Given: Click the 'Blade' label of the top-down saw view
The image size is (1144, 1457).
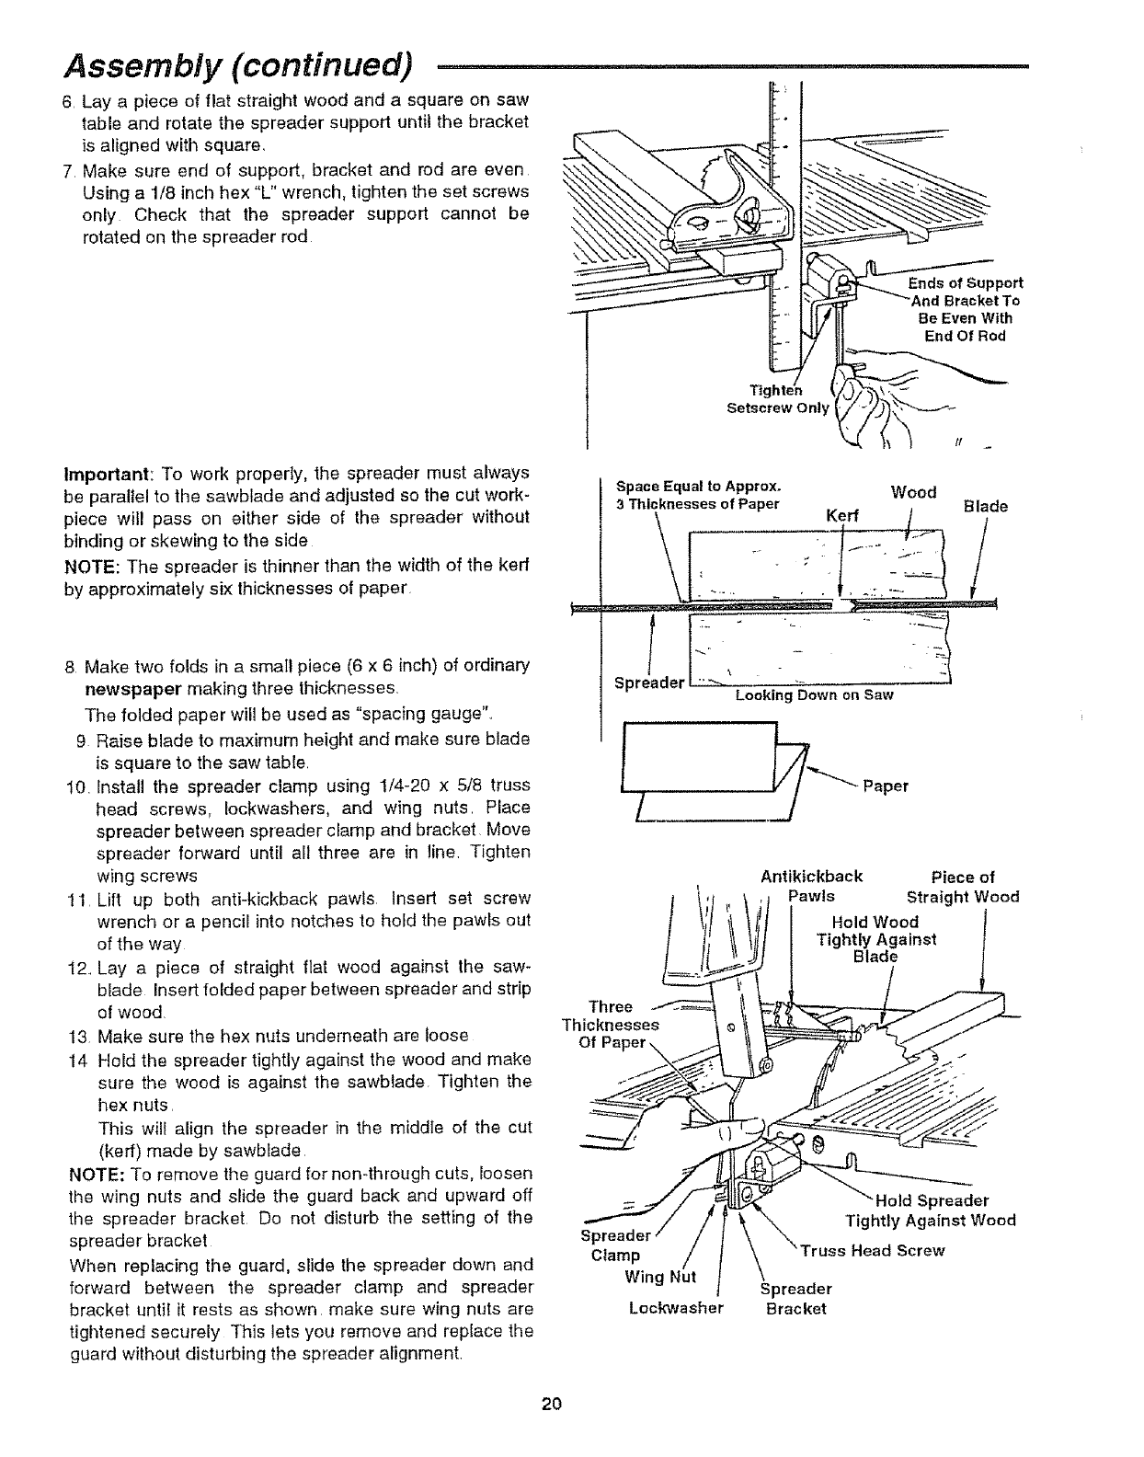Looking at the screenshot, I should click(985, 506).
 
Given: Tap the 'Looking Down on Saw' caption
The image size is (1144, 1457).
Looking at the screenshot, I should click(814, 695).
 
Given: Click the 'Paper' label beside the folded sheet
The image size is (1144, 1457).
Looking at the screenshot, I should click(885, 786).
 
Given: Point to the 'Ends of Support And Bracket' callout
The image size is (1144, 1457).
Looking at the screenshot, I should click(966, 309).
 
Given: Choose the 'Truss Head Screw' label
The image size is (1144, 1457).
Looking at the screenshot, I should click(872, 1251).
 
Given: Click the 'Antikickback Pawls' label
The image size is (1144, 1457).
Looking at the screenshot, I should click(812, 887).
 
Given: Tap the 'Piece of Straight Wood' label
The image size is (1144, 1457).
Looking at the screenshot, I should click(963, 887).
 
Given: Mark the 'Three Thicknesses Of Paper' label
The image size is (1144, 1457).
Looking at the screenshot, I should click(610, 1025).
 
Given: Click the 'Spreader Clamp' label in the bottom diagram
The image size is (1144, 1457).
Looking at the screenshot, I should click(615, 1245).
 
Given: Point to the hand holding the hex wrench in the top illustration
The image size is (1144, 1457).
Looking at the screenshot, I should click(869, 405).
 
